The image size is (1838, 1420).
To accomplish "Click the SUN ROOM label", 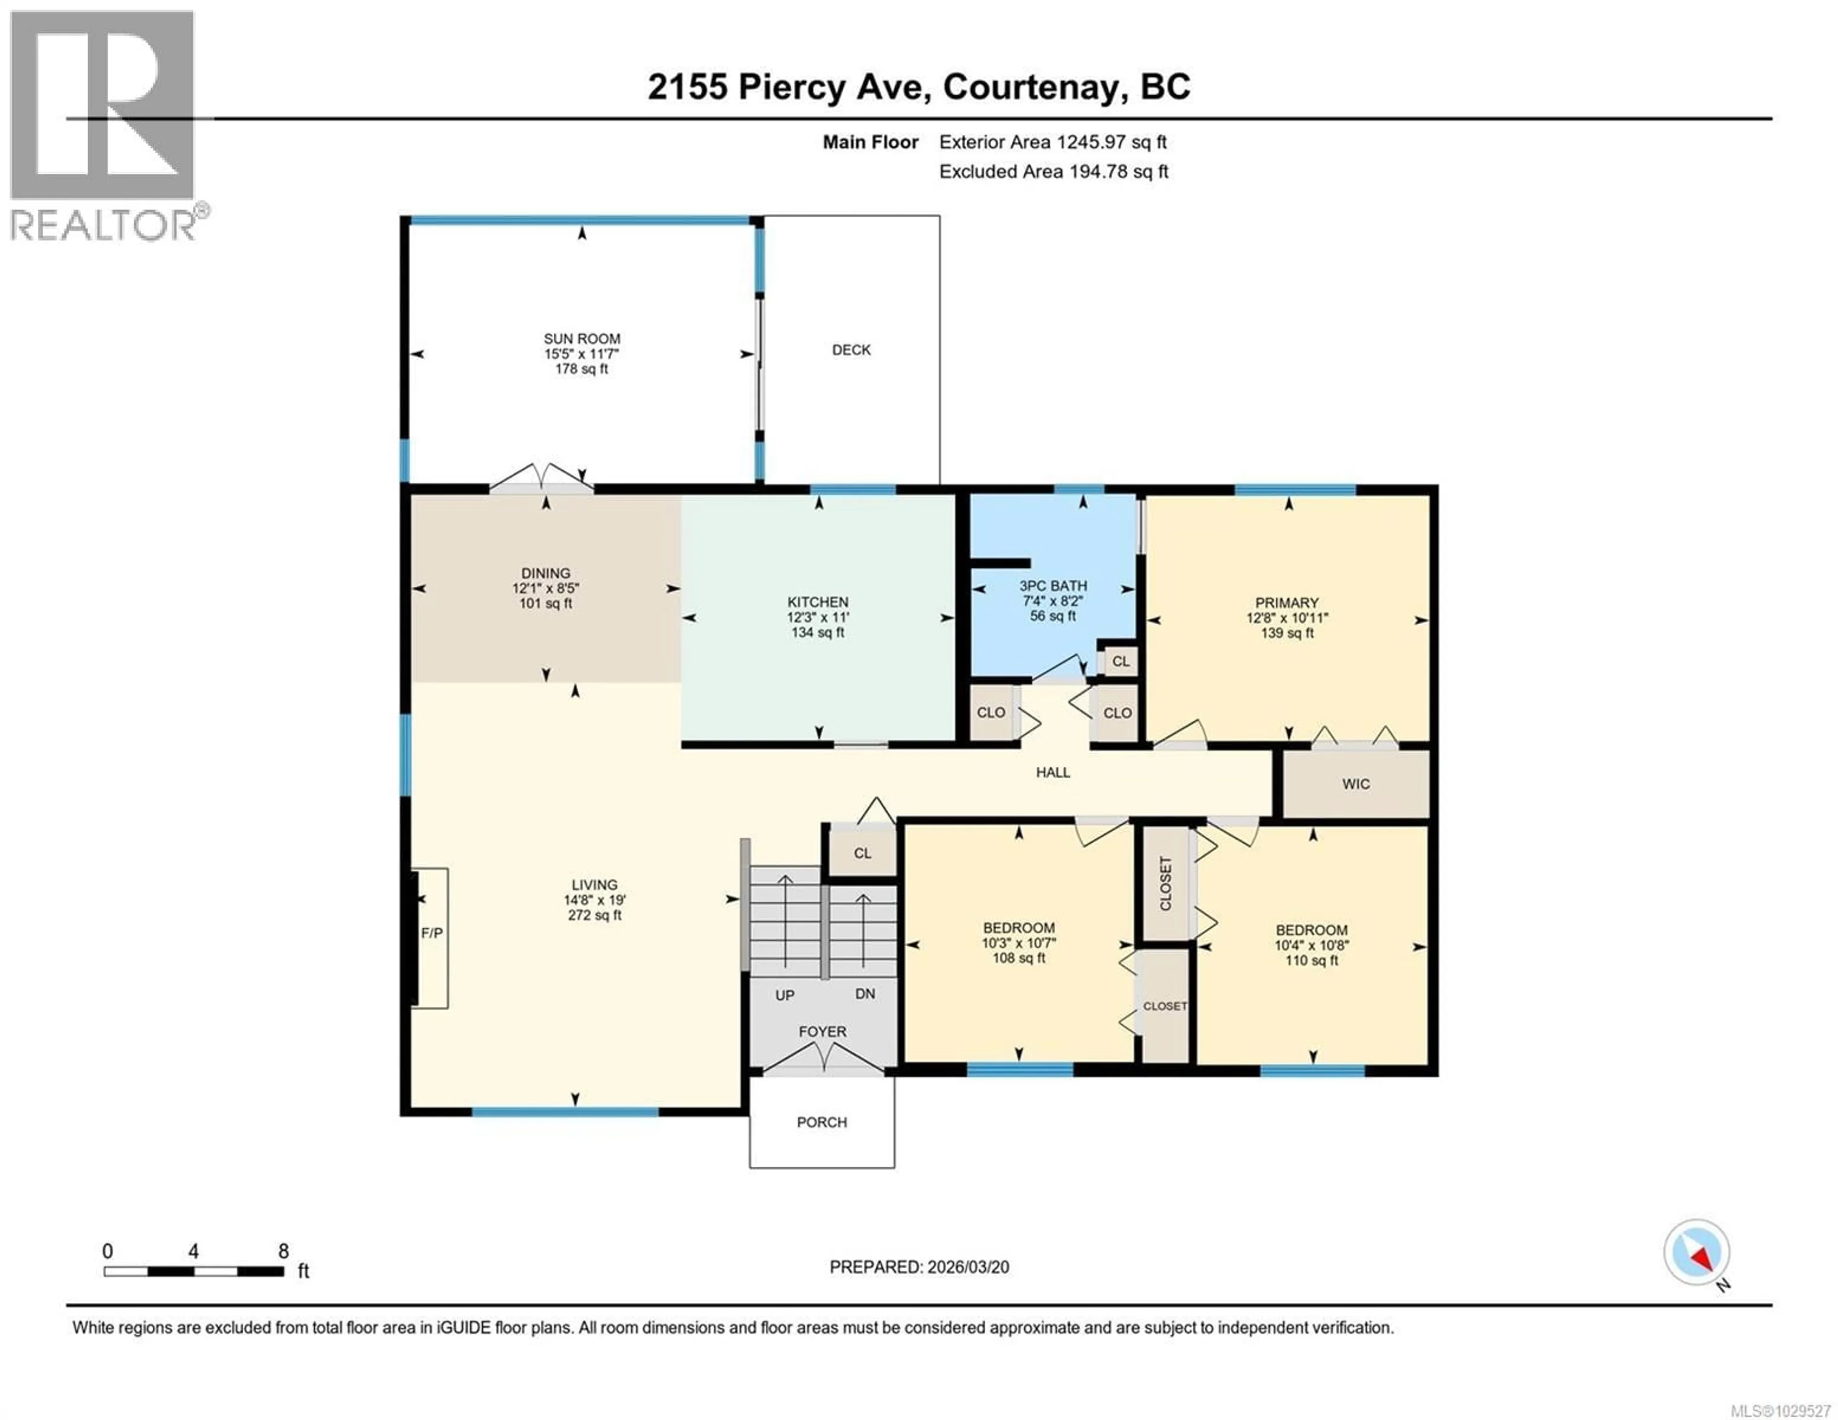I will tap(582, 338).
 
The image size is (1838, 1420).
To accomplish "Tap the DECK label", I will tap(851, 349).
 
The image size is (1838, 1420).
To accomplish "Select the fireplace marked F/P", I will tap(432, 933).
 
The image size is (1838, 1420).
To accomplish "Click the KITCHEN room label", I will tap(817, 602).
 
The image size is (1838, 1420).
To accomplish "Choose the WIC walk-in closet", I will tap(1355, 783).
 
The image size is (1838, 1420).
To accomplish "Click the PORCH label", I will tap(821, 1122).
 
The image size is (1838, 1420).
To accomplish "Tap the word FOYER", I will tap(822, 1031).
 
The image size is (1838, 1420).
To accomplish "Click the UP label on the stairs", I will tap(785, 995).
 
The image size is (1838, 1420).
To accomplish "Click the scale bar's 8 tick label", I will tap(284, 1251).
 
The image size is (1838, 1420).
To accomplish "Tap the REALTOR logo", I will tap(103, 126).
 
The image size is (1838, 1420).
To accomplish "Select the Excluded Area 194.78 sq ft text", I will tap(1053, 172).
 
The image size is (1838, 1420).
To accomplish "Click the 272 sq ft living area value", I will tap(594, 915).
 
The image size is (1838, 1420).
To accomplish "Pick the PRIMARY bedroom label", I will tap(1286, 603).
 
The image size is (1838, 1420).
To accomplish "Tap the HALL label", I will tap(1053, 772).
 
